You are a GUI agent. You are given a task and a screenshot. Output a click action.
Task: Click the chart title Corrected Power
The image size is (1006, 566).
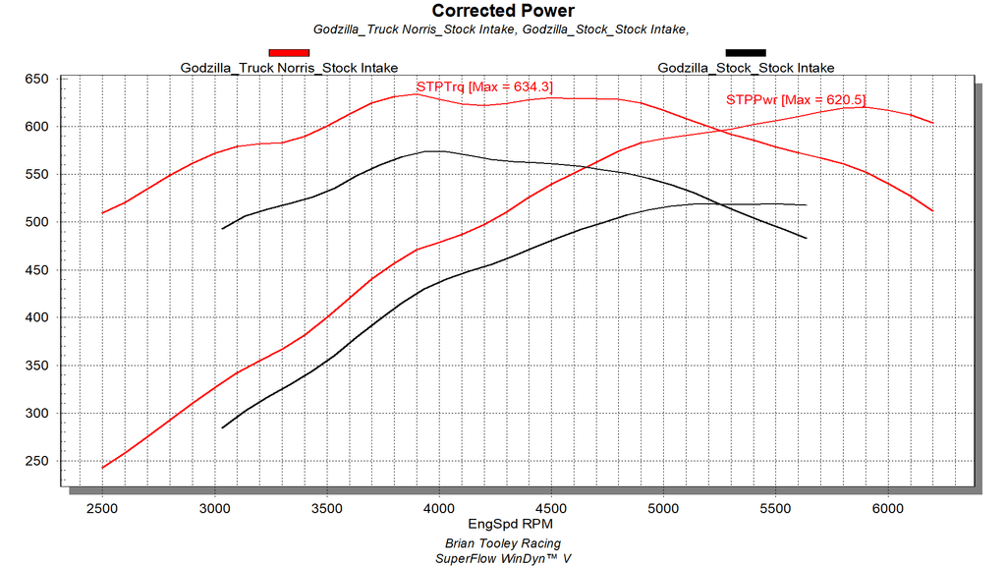pyautogui.click(x=503, y=11)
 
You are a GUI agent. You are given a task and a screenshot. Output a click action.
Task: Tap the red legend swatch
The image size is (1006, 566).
pyautogui.click(x=289, y=52)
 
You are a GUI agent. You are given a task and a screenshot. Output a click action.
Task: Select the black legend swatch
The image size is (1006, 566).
pyautogui.click(x=746, y=52)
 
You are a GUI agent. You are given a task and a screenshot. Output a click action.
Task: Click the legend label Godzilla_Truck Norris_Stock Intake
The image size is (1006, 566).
pyautogui.click(x=289, y=68)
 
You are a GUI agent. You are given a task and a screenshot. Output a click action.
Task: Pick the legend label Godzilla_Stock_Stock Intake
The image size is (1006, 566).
pyautogui.click(x=746, y=68)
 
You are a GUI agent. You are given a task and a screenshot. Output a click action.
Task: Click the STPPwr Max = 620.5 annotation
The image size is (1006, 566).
pyautogui.click(x=796, y=99)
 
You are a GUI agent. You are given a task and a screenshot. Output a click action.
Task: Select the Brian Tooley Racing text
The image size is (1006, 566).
pyautogui.click(x=502, y=543)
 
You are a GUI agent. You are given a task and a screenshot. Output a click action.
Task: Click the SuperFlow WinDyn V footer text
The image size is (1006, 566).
pyautogui.click(x=502, y=558)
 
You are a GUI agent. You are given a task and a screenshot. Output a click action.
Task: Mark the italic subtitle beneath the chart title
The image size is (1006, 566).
pyautogui.click(x=502, y=29)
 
